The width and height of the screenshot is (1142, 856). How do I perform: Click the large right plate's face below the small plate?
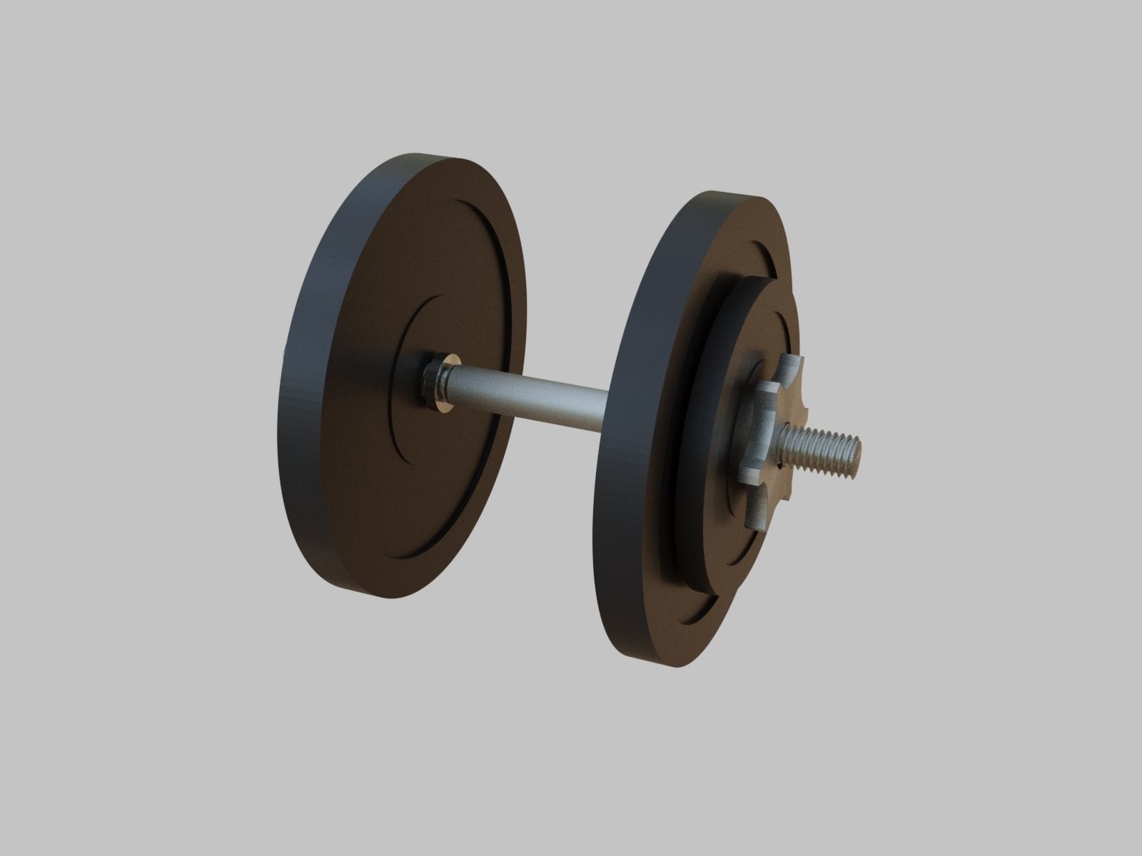point(671,613)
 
